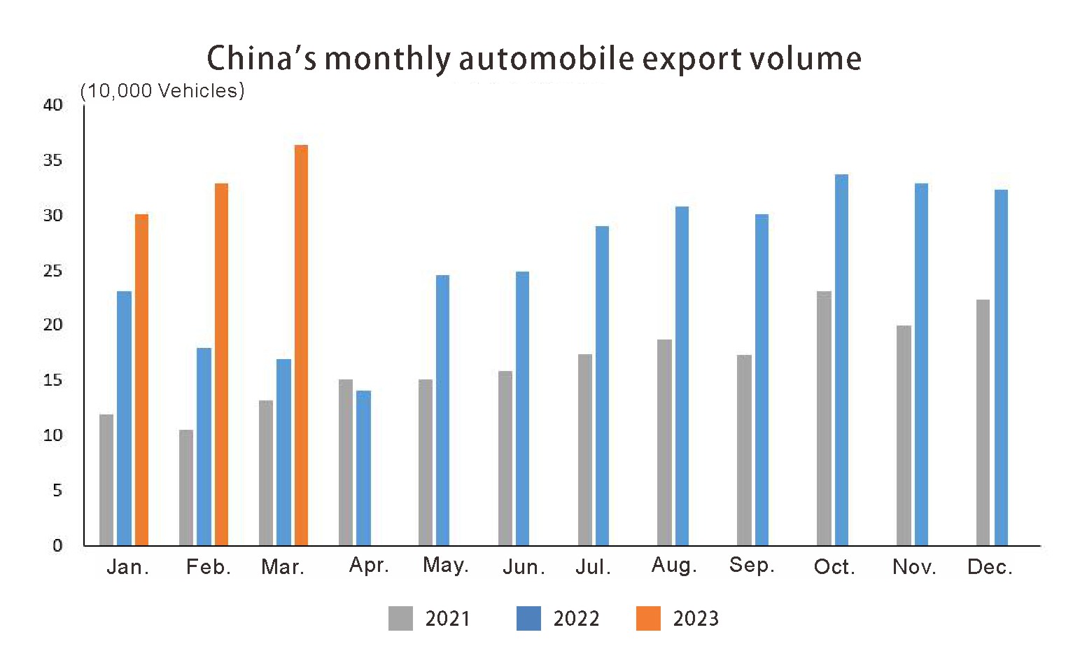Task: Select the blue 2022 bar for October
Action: point(841,360)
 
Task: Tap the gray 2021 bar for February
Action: point(186,487)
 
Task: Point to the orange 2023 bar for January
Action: point(141,379)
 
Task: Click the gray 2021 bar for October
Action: point(824,418)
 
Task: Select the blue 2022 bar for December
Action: point(1001,367)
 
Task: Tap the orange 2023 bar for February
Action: point(221,364)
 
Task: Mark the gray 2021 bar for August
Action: point(664,442)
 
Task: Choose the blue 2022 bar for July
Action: point(602,386)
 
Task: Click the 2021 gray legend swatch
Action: point(400,618)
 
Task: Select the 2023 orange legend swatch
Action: point(648,618)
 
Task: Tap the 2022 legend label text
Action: point(576,619)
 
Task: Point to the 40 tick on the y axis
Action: point(53,105)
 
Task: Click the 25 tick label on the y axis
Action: point(53,270)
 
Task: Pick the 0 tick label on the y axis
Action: point(57,545)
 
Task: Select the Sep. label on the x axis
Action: point(752,565)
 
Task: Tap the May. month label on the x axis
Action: point(445,565)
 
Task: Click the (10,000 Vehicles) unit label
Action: point(162,91)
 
